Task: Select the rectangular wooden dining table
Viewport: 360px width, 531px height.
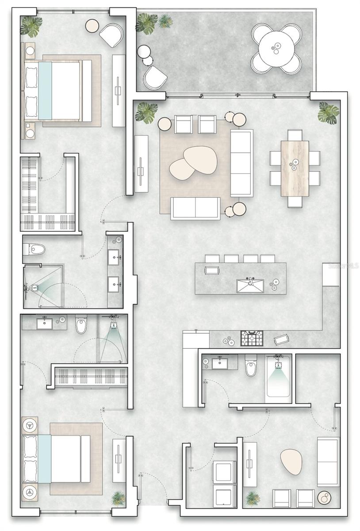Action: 295,168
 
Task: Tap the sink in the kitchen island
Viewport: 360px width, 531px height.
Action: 250,285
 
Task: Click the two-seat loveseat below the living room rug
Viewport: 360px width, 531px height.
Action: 195,208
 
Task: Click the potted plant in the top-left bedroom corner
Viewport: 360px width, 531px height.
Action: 31,27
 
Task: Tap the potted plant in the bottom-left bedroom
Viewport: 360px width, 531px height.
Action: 118,498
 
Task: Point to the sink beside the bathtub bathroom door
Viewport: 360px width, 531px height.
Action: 219,364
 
